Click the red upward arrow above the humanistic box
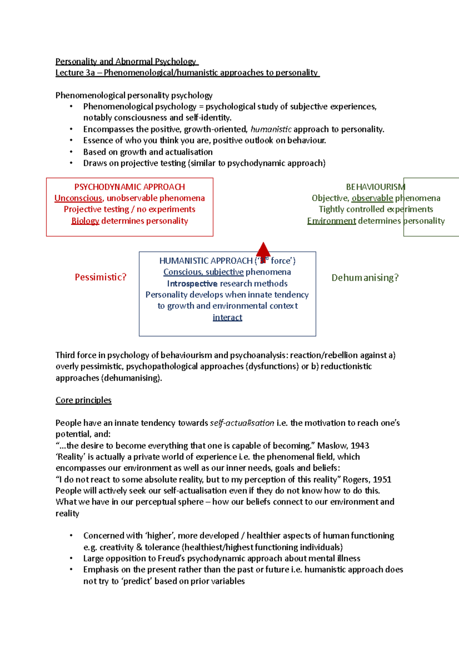[263, 250]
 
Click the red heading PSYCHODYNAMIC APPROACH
[129, 187]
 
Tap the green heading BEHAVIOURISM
[375, 187]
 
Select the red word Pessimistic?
[100, 277]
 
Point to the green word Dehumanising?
[365, 278]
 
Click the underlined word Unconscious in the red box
[78, 198]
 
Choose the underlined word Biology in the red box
[85, 221]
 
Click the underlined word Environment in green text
[331, 221]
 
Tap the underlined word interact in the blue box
[227, 318]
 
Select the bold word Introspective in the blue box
[192, 284]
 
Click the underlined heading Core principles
[83, 400]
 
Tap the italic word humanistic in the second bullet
[271, 129]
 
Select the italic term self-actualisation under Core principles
[242, 423]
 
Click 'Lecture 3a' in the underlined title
[75, 73]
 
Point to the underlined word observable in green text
[372, 198]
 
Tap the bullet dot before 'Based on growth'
[71, 152]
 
